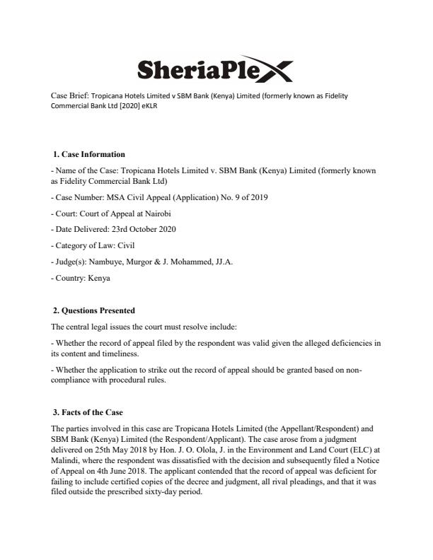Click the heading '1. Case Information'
[x=89, y=154]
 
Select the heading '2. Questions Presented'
[x=94, y=310]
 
